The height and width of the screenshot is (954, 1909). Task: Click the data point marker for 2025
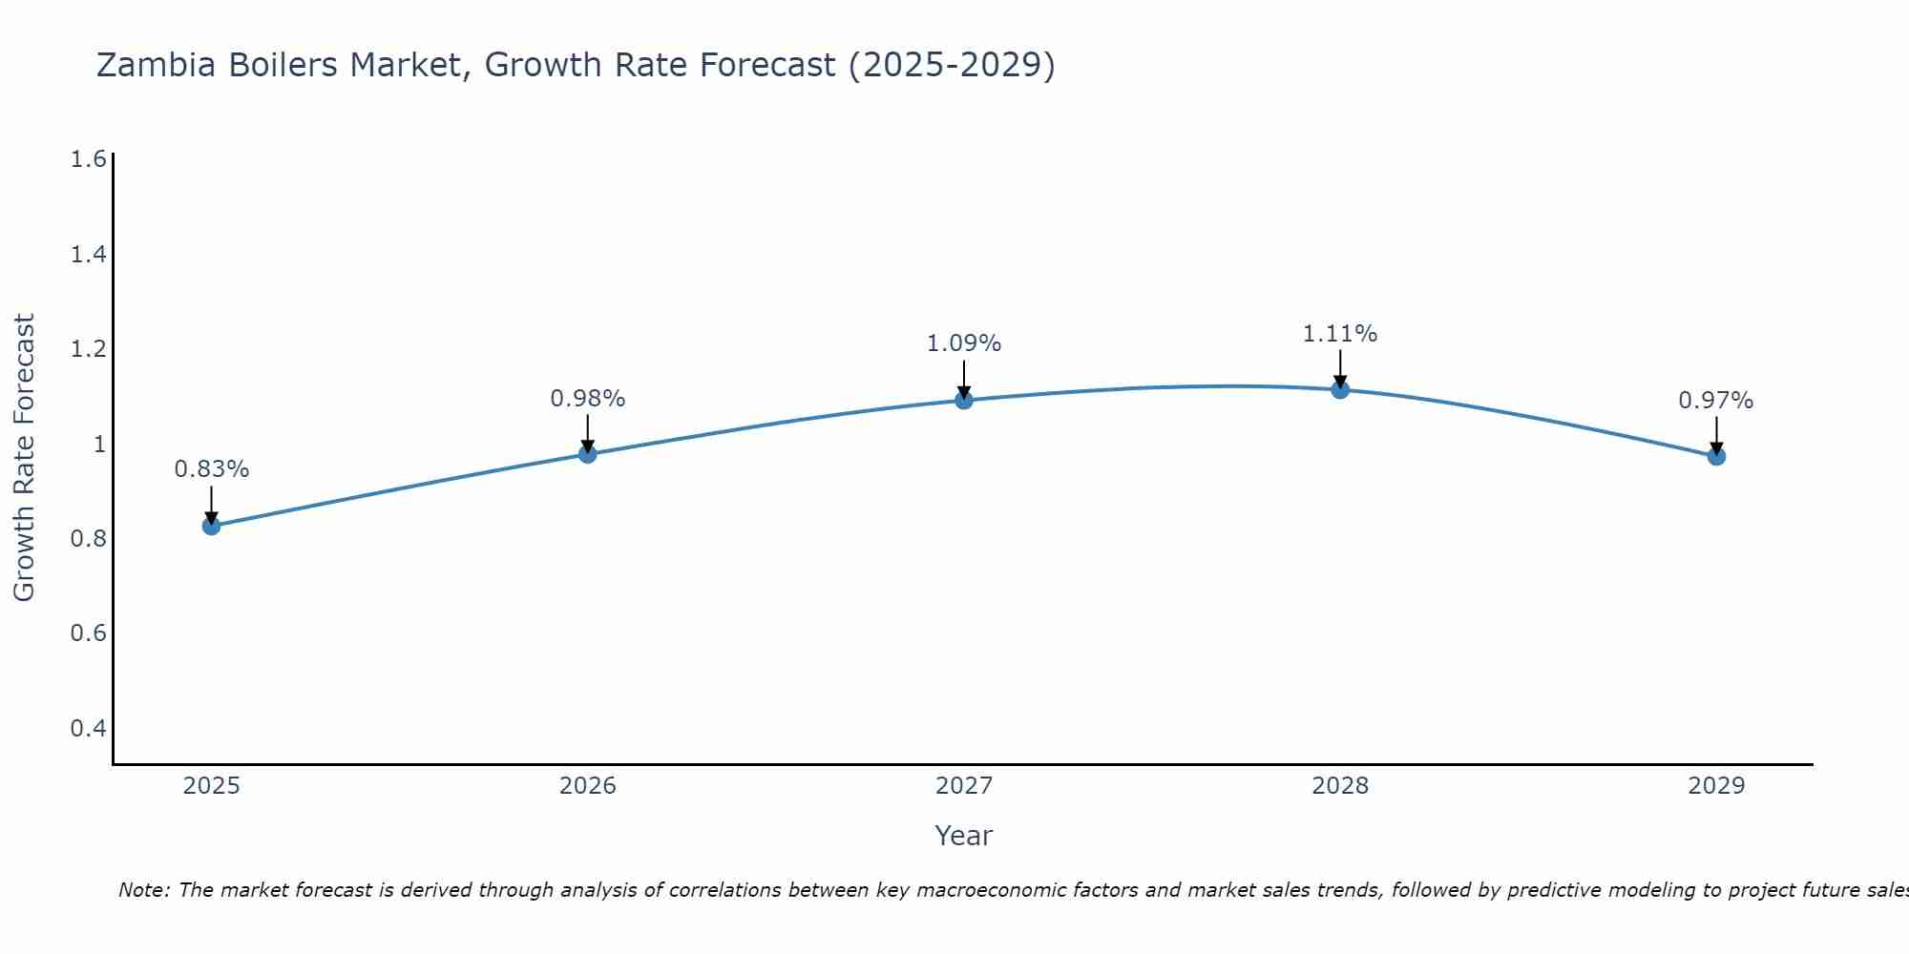[x=211, y=526]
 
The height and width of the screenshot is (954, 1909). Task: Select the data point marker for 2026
[x=588, y=454]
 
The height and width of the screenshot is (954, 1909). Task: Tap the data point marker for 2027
[x=964, y=400]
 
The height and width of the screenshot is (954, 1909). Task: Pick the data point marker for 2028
[x=1340, y=389]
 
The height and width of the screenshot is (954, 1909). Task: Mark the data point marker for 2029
[x=1716, y=456]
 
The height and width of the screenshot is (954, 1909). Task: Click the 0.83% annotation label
[x=211, y=469]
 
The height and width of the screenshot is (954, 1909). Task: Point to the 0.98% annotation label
[x=588, y=399]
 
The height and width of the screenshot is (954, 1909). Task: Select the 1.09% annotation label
[x=964, y=343]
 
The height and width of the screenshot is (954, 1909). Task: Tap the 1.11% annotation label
[x=1340, y=334]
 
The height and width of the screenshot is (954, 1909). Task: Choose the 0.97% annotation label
[x=1716, y=401]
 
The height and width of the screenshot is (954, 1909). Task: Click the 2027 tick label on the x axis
[x=964, y=786]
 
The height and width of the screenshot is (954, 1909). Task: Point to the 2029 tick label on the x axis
[x=1716, y=786]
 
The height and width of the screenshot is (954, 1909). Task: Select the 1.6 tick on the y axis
[x=88, y=159]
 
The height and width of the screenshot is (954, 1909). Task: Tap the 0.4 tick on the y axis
[x=88, y=729]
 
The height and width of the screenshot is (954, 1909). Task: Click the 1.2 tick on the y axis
[x=88, y=349]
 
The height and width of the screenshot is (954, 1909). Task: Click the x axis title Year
[x=964, y=836]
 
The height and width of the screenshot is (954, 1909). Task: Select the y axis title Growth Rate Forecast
[x=24, y=457]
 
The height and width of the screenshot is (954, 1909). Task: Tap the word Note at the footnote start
[x=143, y=890]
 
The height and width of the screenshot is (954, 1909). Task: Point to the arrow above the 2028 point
[x=1340, y=367]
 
